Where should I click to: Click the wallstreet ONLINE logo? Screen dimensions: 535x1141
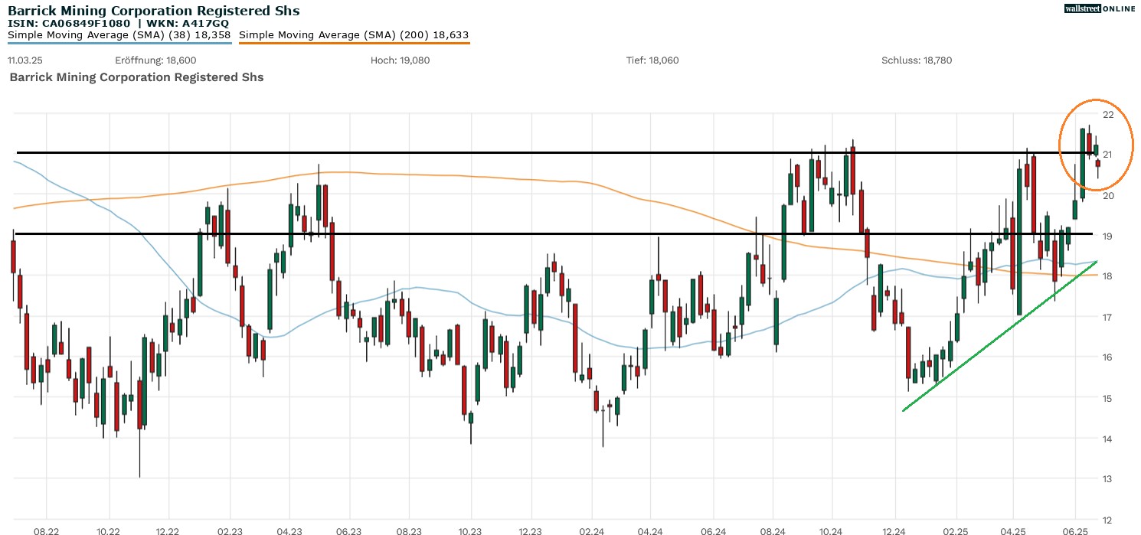point(1100,8)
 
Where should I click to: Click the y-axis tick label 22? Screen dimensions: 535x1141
point(1107,115)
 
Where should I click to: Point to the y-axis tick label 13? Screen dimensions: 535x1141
point(1107,479)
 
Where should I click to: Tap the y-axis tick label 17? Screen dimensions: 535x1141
point(1107,317)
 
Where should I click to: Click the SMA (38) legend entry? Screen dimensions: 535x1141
point(119,35)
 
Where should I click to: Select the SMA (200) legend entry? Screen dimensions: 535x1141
point(354,35)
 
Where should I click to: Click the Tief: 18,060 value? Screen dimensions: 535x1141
point(652,60)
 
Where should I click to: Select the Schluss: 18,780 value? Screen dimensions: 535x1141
point(917,60)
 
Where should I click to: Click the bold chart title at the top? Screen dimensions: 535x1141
point(153,11)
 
